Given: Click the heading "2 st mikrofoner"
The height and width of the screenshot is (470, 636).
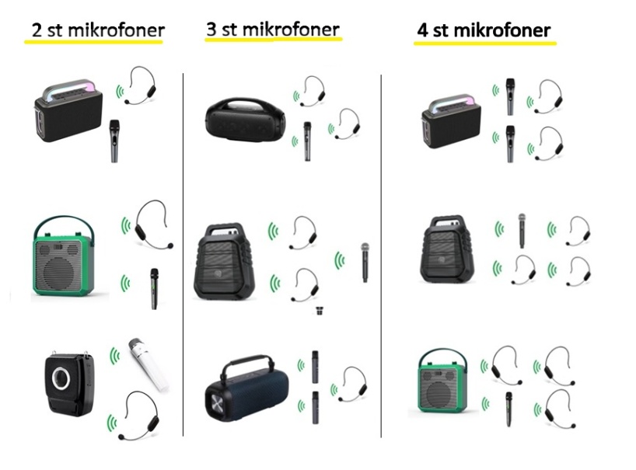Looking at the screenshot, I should click(97, 31).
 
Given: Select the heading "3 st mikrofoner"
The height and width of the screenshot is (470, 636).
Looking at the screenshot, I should click(272, 30).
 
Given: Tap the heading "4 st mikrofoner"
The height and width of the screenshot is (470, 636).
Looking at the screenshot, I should click(484, 30).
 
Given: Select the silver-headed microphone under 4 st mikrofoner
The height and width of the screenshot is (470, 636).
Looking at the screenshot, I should click(522, 231).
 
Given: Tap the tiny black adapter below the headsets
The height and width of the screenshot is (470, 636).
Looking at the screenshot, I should click(318, 312).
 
